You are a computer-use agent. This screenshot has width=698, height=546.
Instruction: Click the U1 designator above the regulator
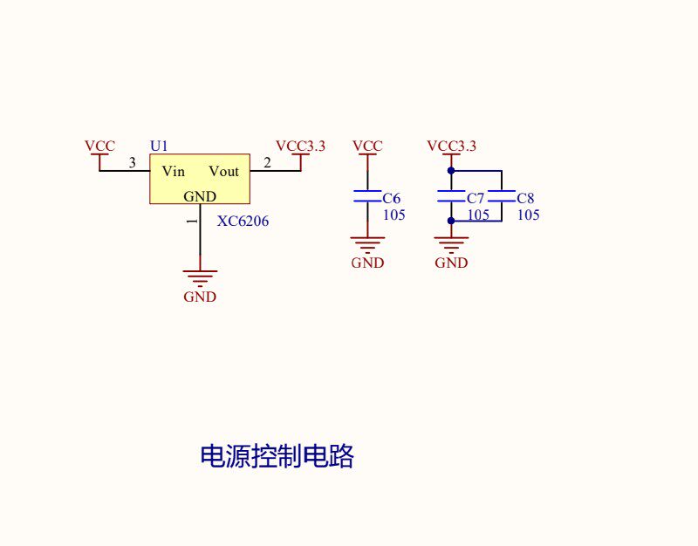pyautogui.click(x=159, y=146)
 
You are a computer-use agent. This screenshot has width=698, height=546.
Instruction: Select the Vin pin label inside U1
pyautogui.click(x=173, y=171)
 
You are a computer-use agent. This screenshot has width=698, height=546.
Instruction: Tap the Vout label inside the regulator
pyautogui.click(x=224, y=171)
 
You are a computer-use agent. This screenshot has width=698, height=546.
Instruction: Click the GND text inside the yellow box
pyautogui.click(x=200, y=196)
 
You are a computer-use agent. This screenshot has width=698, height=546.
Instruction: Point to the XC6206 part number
pyautogui.click(x=243, y=222)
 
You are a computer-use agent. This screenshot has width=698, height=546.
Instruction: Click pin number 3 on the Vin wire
pyautogui.click(x=133, y=163)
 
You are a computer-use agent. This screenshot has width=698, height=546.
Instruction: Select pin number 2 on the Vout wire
pyautogui.click(x=267, y=163)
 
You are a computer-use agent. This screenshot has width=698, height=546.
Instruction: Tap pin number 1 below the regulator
pyautogui.click(x=192, y=221)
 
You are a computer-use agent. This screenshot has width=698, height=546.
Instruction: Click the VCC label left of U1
pyautogui.click(x=99, y=146)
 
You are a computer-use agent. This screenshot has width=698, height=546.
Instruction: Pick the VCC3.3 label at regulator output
pyautogui.click(x=300, y=146)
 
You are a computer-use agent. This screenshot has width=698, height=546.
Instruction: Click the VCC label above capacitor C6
pyautogui.click(x=367, y=146)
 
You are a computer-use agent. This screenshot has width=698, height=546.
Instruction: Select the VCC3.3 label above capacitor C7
pyautogui.click(x=451, y=146)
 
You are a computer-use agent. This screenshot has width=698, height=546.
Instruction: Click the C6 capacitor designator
pyautogui.click(x=392, y=198)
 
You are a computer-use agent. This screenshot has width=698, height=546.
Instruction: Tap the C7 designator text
pyautogui.click(x=476, y=198)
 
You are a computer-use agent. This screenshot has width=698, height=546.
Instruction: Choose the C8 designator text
pyautogui.click(x=526, y=198)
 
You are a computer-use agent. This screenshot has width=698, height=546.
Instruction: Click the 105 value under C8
pyautogui.click(x=529, y=215)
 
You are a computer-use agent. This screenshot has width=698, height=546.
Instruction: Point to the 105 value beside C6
pyautogui.click(x=394, y=215)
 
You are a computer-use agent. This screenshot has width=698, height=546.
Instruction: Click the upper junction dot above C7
pyautogui.click(x=451, y=170)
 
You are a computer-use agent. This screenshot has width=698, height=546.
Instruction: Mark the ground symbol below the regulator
pyautogui.click(x=200, y=277)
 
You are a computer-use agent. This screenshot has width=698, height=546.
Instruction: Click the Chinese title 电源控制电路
pyautogui.click(x=277, y=455)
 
